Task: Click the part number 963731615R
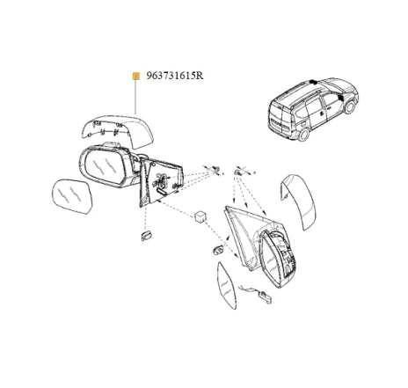pos(175,76)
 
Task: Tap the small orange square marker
pos(135,77)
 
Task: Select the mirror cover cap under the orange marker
pos(118,130)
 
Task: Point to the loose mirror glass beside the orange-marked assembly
pos(72,197)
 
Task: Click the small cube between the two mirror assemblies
pos(201,216)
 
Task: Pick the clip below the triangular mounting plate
pos(146,235)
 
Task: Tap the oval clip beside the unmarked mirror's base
pos(218,250)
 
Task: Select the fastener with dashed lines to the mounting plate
pos(216,170)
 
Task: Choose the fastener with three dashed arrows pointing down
pos(238,172)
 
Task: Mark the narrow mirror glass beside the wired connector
pos(226,285)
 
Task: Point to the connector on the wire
pos(266,296)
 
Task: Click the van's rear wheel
pos(303,135)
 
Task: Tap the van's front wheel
pos(350,107)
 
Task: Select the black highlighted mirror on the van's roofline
pos(313,82)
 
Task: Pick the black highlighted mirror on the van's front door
pos(340,98)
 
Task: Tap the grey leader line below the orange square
pos(135,97)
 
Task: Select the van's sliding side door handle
pos(322,112)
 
